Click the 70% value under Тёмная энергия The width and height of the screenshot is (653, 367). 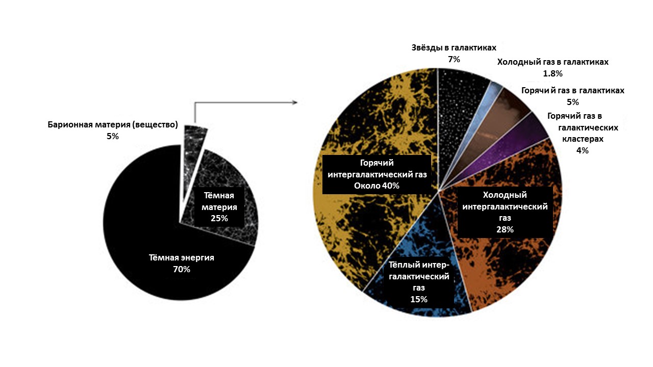coord(182,270)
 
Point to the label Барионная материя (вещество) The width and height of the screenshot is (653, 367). coord(113,125)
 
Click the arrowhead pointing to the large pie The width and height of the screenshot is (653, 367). coord(294,102)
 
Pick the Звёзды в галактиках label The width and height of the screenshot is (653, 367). coord(454,47)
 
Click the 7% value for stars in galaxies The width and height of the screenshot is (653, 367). coord(454,59)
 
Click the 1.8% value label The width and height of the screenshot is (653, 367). coord(552,73)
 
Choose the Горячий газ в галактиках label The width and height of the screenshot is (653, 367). coord(572,90)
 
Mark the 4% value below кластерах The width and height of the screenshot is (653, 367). coord(582,150)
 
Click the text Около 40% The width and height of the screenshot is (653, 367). coord(376,186)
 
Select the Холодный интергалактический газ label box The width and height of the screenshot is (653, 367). coord(505,212)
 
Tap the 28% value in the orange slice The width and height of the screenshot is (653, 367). coord(505,229)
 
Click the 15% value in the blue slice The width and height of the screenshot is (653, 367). coord(419,299)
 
